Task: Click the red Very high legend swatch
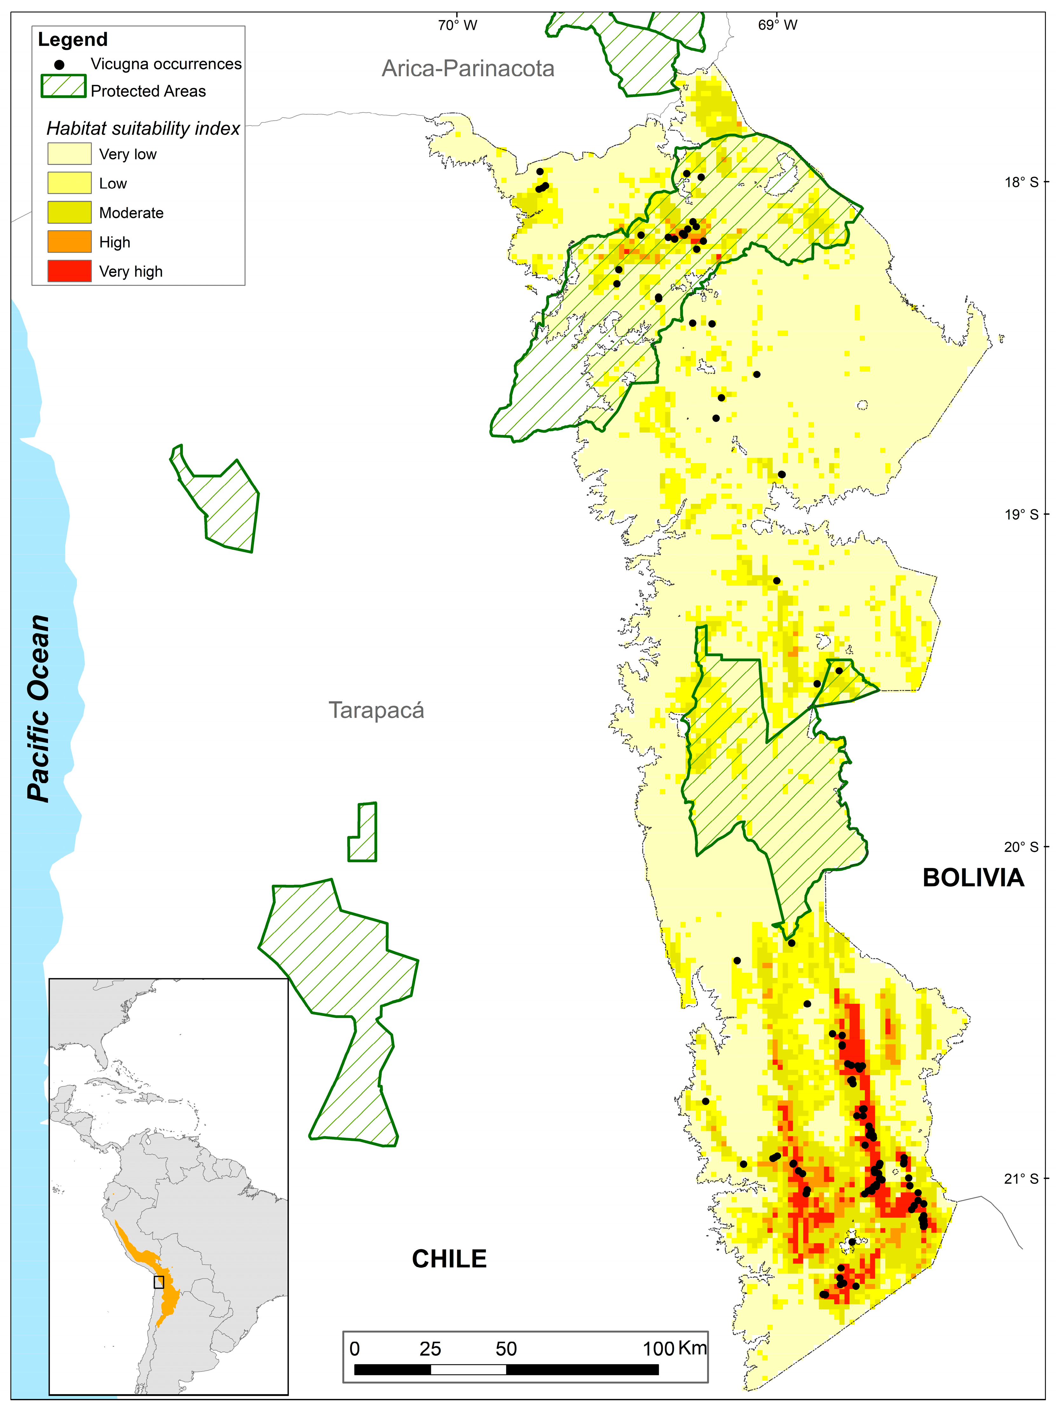[69, 271]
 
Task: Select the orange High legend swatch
[69, 241]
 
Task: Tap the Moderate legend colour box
[69, 212]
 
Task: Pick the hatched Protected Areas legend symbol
[63, 86]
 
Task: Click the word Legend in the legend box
[73, 39]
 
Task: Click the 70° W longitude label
[457, 25]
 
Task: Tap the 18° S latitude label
[1021, 182]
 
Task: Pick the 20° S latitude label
[1021, 846]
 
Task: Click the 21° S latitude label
[1021, 1179]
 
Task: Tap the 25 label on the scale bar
[430, 1349]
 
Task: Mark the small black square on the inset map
[159, 1282]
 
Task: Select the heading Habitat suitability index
[143, 129]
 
